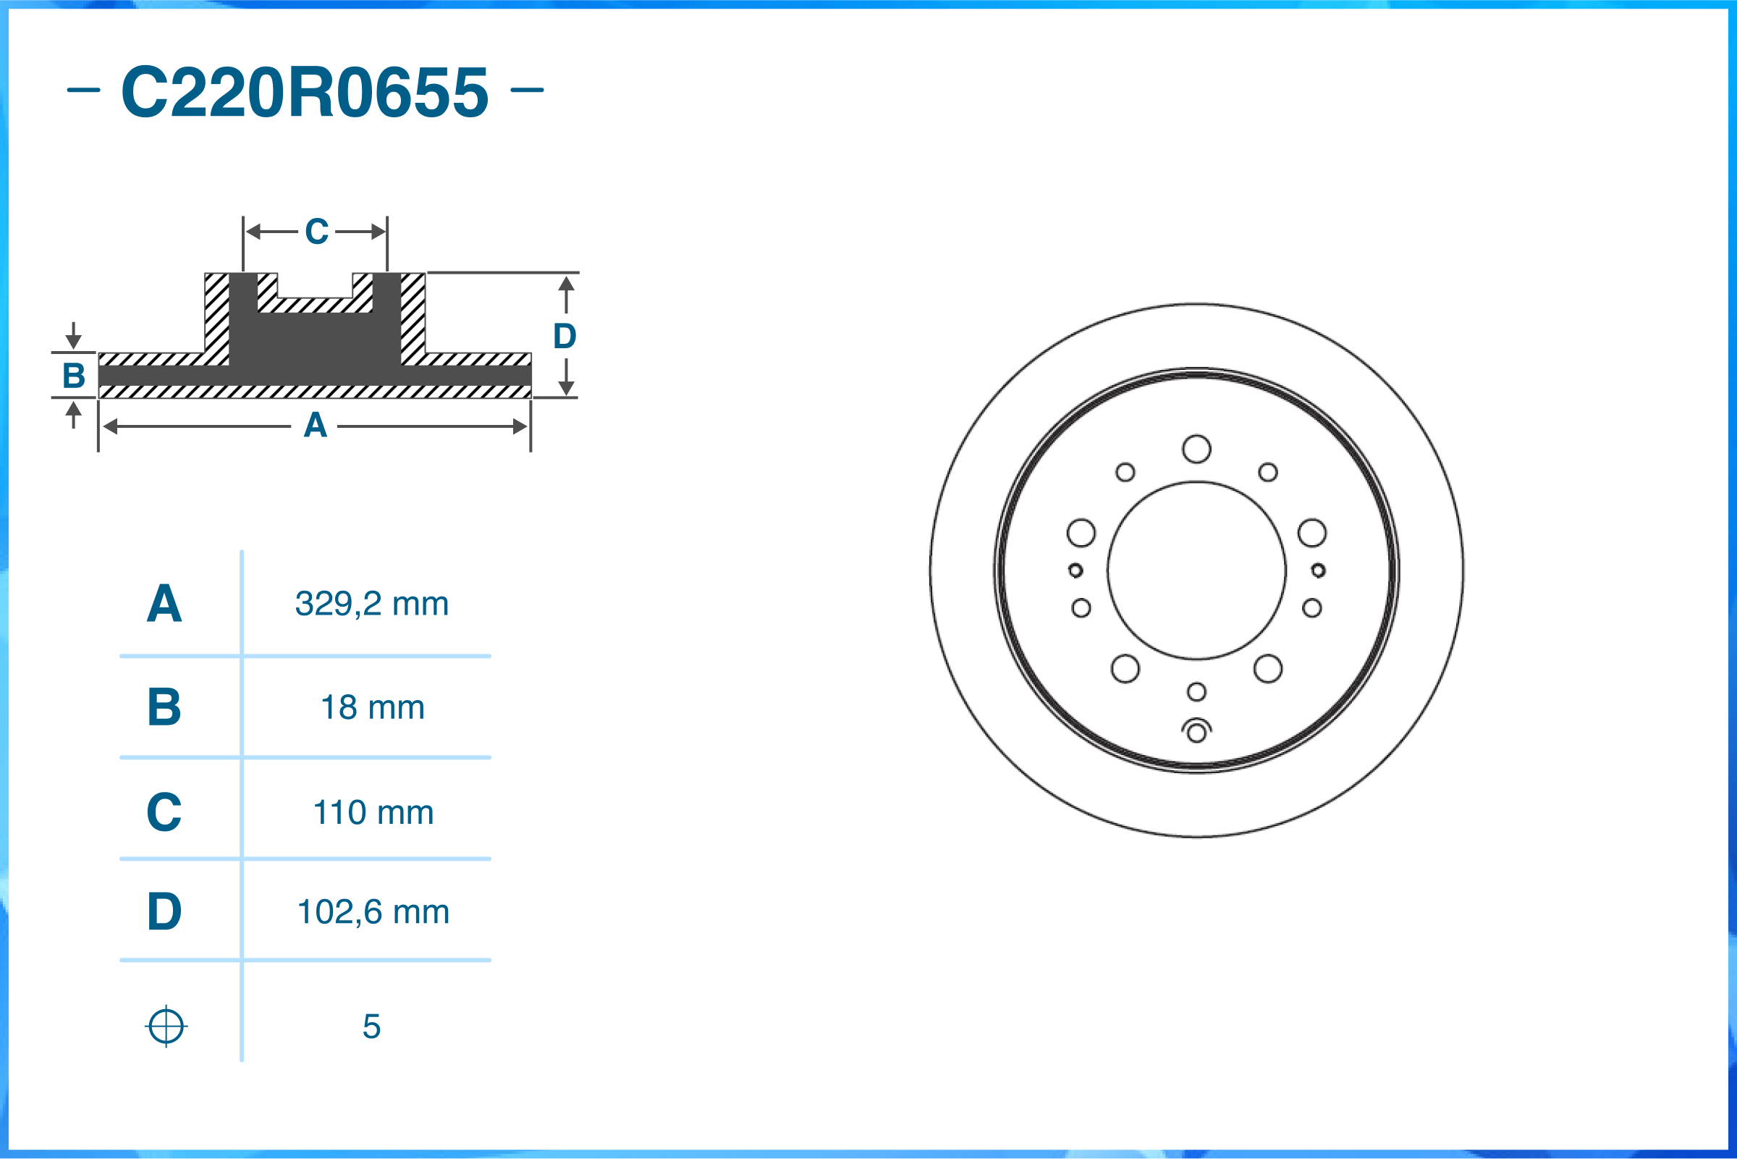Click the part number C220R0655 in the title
click(x=305, y=92)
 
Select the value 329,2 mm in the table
click(x=371, y=604)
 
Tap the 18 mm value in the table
click(x=373, y=707)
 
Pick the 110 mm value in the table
click(x=373, y=812)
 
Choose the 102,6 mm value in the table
click(x=373, y=911)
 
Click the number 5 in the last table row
click(x=371, y=1026)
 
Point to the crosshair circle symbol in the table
click(x=166, y=1026)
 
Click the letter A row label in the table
click(x=164, y=604)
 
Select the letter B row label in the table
click(x=164, y=707)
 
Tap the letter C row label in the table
click(x=164, y=812)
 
